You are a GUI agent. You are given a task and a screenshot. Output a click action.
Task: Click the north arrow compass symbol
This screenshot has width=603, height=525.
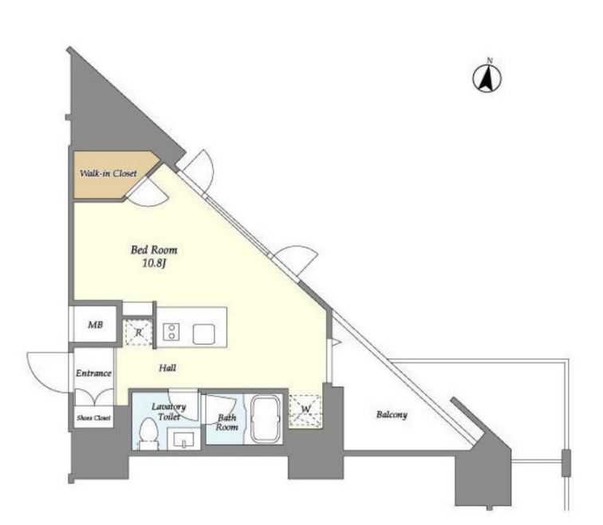point(487,77)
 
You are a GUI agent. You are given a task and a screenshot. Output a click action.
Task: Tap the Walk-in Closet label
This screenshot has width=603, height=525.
point(108,173)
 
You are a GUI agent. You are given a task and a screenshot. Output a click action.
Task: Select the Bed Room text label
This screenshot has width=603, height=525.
point(154,250)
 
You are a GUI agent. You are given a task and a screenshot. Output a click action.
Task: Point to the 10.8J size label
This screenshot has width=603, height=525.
point(154,264)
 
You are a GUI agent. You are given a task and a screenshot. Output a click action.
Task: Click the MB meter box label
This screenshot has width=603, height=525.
point(96,325)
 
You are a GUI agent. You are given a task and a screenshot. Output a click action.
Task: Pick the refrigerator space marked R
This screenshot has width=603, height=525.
point(138,332)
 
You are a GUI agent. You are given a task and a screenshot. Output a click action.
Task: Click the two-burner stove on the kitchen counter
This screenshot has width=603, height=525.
point(171,332)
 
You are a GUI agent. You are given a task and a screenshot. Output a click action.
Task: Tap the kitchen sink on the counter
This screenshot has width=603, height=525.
point(204,334)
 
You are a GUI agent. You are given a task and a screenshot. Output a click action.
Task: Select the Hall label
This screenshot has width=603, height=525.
point(167,368)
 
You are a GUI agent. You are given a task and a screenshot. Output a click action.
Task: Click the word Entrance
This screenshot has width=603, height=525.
point(93,373)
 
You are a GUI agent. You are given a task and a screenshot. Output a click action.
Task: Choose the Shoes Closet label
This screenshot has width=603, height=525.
point(93,418)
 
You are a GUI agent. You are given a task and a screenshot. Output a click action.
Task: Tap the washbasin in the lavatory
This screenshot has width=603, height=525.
point(184,440)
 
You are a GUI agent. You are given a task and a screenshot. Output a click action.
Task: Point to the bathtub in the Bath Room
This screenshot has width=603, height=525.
point(266,419)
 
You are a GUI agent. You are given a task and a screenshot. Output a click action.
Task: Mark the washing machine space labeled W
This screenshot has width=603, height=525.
point(305,411)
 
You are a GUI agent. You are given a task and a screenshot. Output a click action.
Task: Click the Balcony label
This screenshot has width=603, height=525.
point(392,415)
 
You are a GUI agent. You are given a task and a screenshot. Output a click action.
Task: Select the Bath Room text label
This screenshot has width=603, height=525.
point(227,422)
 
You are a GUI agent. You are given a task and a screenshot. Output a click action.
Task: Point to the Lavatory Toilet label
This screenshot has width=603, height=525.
point(169,411)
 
